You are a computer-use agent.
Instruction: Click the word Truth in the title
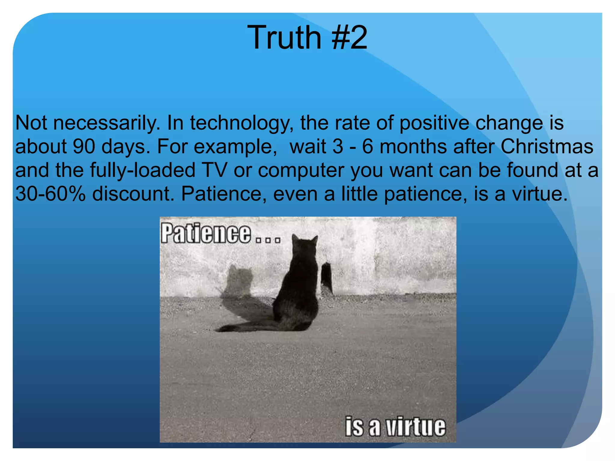tap(284, 38)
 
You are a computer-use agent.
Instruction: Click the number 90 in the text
tap(84, 146)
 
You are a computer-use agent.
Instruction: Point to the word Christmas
tap(547, 146)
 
